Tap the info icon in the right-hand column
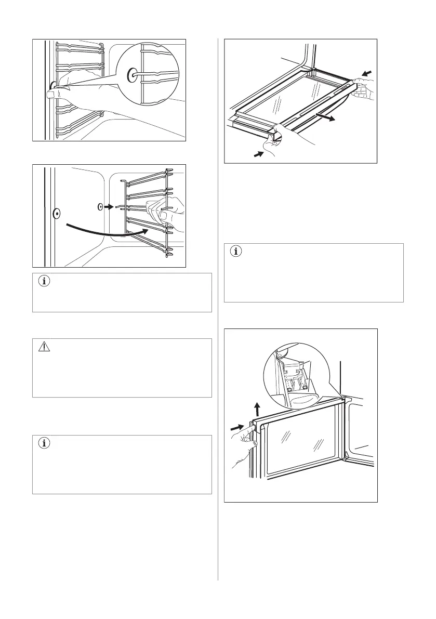click(237, 252)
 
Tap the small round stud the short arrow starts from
click(100, 206)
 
